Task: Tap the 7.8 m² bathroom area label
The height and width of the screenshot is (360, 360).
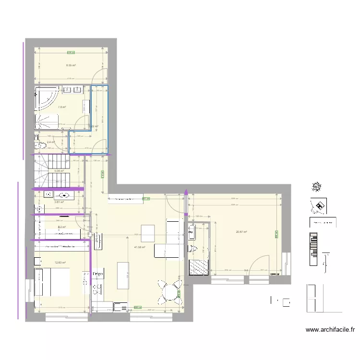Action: coord(62,107)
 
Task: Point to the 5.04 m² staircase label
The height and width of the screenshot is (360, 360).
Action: coord(59,171)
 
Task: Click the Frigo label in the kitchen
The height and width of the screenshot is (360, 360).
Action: coord(98,274)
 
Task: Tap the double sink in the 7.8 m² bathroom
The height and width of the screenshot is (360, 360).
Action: coord(72,89)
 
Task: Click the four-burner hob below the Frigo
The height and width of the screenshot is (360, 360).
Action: coord(97,288)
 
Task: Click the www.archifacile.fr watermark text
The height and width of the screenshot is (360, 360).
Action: coord(330,330)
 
